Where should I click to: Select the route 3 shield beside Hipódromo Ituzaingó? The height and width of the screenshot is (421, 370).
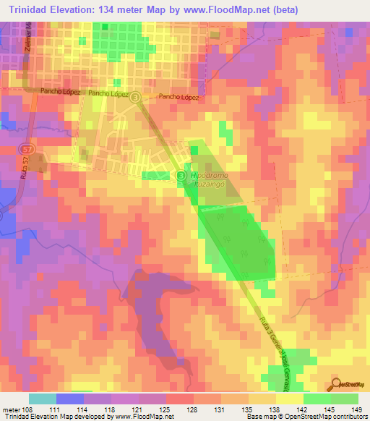(x=181, y=174)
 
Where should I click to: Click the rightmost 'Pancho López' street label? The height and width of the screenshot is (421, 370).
(x=178, y=95)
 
